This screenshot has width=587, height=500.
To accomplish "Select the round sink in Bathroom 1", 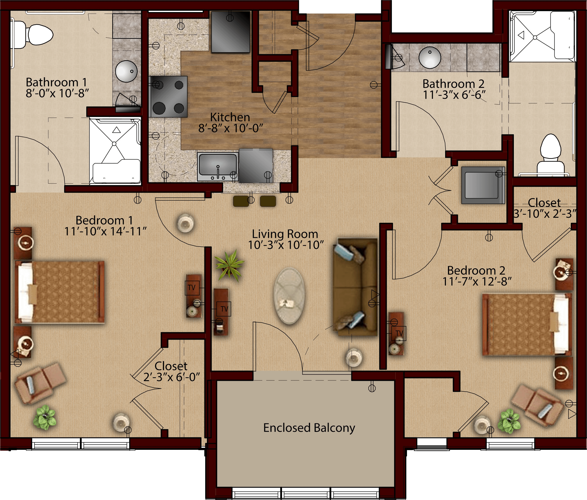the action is click(x=126, y=71).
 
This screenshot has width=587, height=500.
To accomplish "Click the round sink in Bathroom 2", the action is click(x=430, y=57).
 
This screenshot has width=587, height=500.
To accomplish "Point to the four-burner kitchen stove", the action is click(x=169, y=97).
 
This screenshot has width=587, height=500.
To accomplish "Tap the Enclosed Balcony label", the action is click(x=309, y=428).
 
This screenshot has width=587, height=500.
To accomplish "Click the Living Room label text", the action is click(x=285, y=234).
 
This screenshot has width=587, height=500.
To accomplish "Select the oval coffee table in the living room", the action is click(x=289, y=296).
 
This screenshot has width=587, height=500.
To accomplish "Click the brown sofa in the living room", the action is click(x=355, y=287).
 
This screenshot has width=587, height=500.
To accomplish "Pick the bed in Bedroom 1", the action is click(x=60, y=292).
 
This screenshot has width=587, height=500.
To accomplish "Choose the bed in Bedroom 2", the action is click(x=527, y=325).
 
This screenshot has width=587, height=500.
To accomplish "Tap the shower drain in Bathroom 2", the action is click(x=535, y=37).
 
